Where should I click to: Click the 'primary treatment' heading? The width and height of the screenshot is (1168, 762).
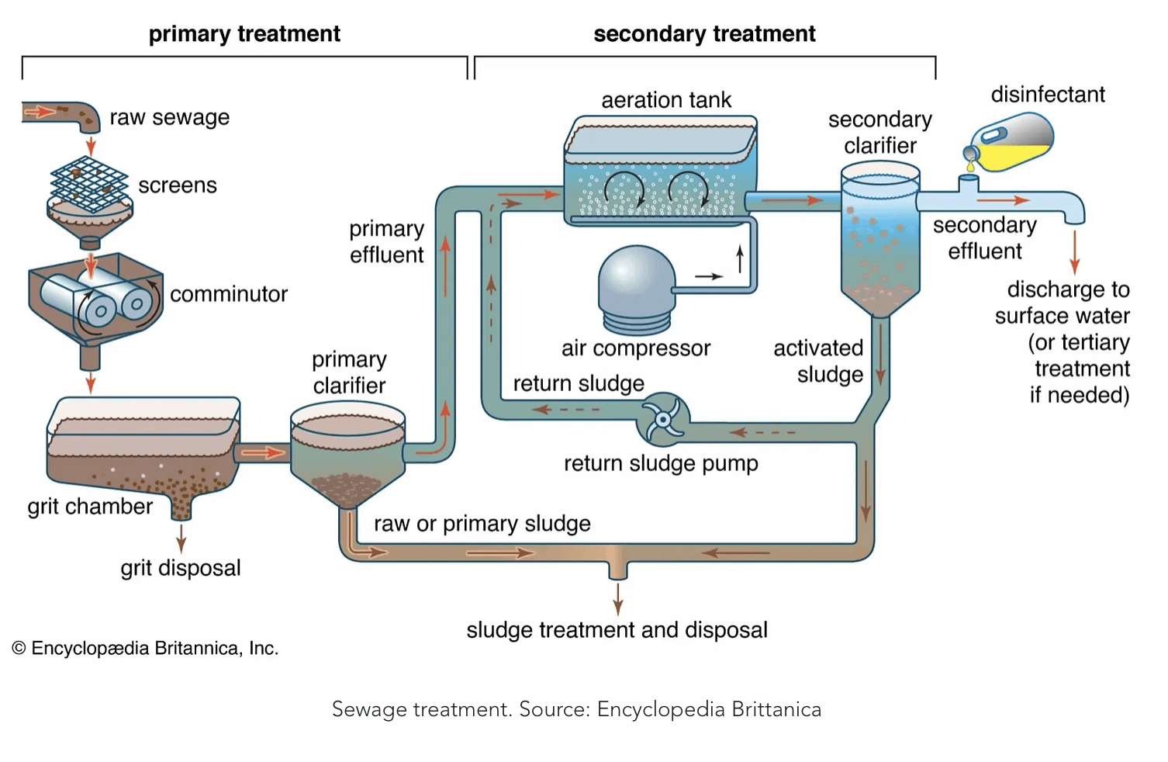[x=244, y=34]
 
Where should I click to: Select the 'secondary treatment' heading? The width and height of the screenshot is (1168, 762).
[x=704, y=34]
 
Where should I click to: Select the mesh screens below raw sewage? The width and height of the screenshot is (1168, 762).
[x=88, y=184]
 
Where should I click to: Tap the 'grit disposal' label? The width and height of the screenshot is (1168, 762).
[x=181, y=568]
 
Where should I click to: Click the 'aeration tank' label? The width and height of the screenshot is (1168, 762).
[x=666, y=100]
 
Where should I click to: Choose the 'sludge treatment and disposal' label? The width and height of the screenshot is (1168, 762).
[x=617, y=630]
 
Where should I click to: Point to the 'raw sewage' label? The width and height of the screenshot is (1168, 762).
[x=170, y=117]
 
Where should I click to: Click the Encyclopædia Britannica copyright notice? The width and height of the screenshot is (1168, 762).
[x=145, y=649]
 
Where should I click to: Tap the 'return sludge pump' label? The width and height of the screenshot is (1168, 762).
[x=661, y=463]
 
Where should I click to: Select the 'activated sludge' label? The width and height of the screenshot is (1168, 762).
[x=819, y=361]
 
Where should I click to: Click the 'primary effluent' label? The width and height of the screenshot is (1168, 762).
[x=386, y=241]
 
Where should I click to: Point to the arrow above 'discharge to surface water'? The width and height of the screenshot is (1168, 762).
[x=1074, y=252]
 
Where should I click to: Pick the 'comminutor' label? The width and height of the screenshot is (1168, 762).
[x=229, y=294]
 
